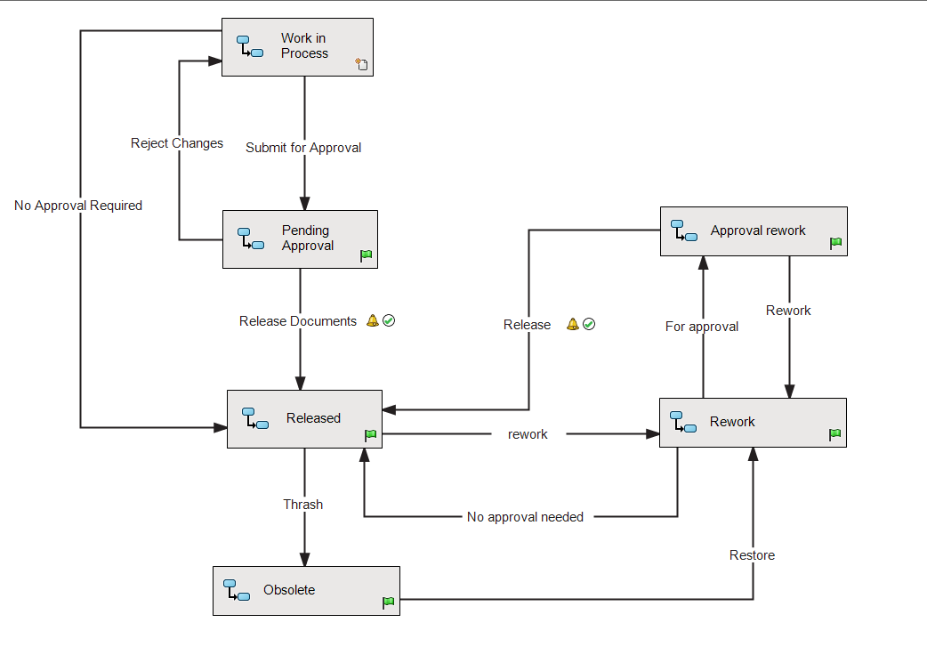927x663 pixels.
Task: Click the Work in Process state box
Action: click(297, 46)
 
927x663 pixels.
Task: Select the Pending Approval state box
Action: click(300, 239)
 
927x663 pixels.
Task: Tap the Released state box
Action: click(304, 418)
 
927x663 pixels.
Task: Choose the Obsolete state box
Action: click(306, 590)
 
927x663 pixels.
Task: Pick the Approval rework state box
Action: click(754, 231)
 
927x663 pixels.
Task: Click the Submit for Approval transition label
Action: click(303, 148)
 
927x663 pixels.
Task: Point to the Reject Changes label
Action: click(177, 143)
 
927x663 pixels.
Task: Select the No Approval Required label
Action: click(78, 206)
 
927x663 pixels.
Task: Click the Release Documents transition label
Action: click(298, 321)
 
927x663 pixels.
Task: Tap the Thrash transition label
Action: click(303, 505)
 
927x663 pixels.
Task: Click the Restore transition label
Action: click(752, 555)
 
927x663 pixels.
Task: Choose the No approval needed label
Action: click(525, 517)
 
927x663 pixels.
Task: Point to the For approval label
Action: click(702, 327)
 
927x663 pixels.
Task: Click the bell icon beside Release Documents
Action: click(373, 321)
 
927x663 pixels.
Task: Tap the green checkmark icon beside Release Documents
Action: click(389, 321)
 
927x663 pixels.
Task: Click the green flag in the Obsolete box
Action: click(389, 602)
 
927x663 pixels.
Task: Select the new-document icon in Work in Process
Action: click(361, 64)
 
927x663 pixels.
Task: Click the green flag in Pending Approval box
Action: click(367, 255)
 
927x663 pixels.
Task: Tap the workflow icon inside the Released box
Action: click(255, 418)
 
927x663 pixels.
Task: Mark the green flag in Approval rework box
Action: click(835, 243)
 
